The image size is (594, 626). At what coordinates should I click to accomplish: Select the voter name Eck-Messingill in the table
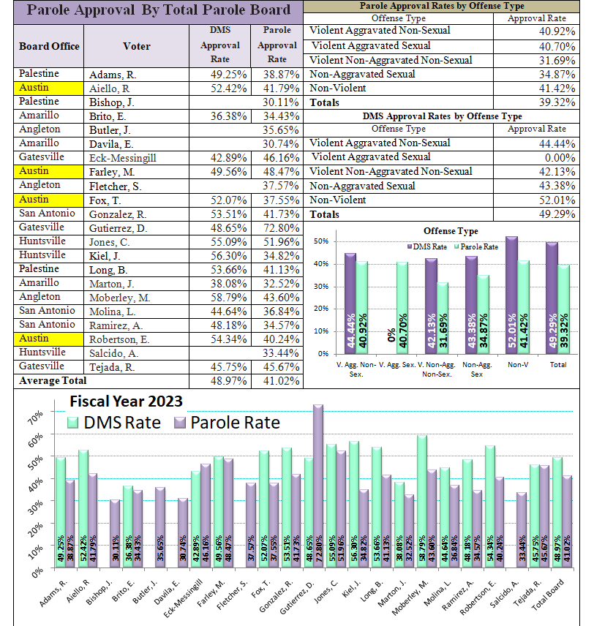(x=123, y=158)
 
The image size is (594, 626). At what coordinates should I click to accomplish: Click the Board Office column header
(x=49, y=46)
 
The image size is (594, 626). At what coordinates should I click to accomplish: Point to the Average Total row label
(x=53, y=381)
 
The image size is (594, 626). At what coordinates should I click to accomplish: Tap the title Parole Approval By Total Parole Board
(x=159, y=10)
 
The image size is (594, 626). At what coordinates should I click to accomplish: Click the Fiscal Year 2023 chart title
(x=127, y=401)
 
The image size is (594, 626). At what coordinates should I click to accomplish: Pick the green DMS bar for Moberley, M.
(x=422, y=502)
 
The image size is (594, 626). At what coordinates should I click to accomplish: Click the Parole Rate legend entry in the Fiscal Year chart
(x=227, y=423)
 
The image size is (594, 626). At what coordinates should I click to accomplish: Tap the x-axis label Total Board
(x=548, y=595)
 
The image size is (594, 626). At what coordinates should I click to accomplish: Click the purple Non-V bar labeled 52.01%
(x=512, y=295)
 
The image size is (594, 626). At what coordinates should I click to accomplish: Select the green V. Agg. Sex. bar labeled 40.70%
(x=402, y=308)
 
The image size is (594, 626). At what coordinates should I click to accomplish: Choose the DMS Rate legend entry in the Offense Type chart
(x=426, y=246)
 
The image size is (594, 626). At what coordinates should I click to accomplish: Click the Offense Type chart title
(x=451, y=231)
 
